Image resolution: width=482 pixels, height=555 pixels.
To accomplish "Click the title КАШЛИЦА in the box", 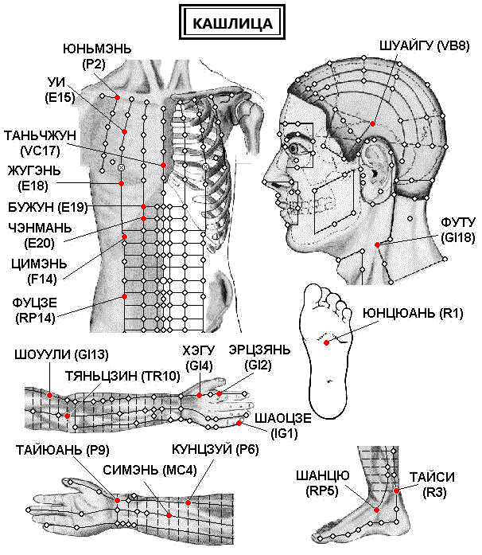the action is pyautogui.click(x=232, y=23).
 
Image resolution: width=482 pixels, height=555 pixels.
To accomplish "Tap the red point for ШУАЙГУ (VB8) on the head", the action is pyautogui.click(x=372, y=123).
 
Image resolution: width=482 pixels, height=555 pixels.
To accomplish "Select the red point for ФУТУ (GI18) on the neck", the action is pyautogui.click(x=377, y=244).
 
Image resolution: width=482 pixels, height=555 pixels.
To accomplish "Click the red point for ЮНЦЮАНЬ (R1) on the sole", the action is pyautogui.click(x=326, y=342).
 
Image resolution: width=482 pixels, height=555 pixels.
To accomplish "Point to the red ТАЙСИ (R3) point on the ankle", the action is pyautogui.click(x=396, y=491).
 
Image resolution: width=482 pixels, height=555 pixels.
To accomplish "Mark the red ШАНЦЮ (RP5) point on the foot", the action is pyautogui.click(x=377, y=510).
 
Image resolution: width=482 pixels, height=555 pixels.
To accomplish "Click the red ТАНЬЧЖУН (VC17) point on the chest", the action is pyautogui.click(x=163, y=166).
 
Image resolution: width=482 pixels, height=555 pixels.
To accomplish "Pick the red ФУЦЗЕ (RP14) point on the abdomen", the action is pyautogui.click(x=124, y=297).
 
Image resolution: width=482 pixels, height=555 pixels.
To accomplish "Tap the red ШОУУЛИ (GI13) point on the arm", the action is pyautogui.click(x=50, y=395).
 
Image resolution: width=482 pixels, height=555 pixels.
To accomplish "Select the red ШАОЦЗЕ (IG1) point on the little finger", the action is pyautogui.click(x=239, y=424).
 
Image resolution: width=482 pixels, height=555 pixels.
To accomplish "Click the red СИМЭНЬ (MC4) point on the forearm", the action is pyautogui.click(x=169, y=516).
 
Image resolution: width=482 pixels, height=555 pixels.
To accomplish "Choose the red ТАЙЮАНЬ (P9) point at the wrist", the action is pyautogui.click(x=118, y=501).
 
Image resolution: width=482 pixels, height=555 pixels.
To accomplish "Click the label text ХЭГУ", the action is pyautogui.click(x=199, y=350).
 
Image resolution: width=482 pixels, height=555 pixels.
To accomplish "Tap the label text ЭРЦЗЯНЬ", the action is pyautogui.click(x=259, y=350).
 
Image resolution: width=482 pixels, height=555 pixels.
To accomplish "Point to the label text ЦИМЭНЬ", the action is pyautogui.click(x=39, y=264).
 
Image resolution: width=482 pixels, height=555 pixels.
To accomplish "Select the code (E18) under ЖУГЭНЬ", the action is pyautogui.click(x=33, y=186).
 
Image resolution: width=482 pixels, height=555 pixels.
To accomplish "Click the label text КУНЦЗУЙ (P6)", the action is pyautogui.click(x=216, y=450).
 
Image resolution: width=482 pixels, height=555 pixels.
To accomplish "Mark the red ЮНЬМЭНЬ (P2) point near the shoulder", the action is pyautogui.click(x=118, y=97).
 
